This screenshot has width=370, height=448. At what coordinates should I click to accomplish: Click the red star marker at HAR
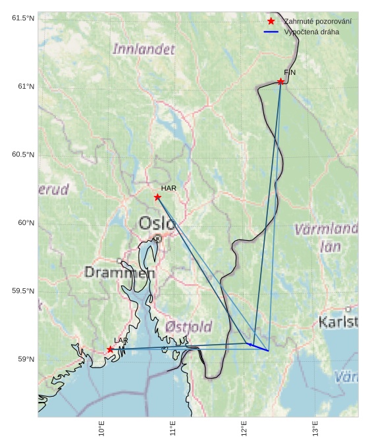click(157, 197)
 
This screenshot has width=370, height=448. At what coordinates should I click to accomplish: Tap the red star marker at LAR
click(110, 349)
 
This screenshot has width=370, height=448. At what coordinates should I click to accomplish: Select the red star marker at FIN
click(280, 82)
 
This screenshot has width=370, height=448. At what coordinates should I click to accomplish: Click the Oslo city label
click(157, 224)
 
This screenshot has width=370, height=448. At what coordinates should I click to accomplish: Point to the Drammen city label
click(119, 272)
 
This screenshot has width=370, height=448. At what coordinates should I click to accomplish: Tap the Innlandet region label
click(144, 49)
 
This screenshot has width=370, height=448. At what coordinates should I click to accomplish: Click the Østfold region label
click(189, 326)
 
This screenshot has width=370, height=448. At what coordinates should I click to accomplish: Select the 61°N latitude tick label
click(23, 86)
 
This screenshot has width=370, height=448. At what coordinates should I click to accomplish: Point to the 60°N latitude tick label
click(23, 223)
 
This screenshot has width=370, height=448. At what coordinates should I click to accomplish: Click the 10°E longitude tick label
click(102, 430)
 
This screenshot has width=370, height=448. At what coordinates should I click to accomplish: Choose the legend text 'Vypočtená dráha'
click(311, 32)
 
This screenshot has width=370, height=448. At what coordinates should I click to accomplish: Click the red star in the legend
click(271, 22)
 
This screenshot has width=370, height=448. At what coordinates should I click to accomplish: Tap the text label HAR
click(169, 188)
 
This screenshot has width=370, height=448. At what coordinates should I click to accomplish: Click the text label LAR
click(121, 340)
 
